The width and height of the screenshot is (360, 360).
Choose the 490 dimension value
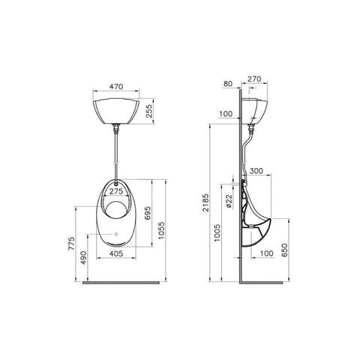pyautogui.click(x=85, y=256)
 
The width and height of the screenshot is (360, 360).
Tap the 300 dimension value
pyautogui.click(x=256, y=172)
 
